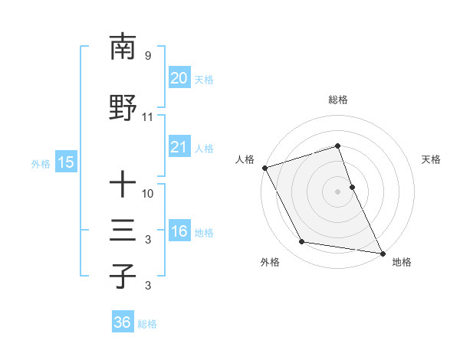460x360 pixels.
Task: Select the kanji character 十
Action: coord(123,184)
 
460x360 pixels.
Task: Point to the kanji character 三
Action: coord(123,231)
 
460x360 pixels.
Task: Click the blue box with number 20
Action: coord(179,78)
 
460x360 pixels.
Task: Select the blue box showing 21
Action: coord(179,148)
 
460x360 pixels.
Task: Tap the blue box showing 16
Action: coord(179,232)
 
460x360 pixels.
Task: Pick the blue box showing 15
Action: coord(65,162)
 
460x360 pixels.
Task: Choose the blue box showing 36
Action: coord(122,323)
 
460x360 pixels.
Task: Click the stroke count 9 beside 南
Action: coord(147,56)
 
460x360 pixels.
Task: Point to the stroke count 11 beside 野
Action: coord(147,117)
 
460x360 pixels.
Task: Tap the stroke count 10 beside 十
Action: coord(148,193)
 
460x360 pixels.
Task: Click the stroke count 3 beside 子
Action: coord(147,286)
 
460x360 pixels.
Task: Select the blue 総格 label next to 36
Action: coord(147,324)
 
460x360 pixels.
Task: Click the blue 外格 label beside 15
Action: coord(41,163)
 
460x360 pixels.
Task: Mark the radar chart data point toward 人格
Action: coord(264,168)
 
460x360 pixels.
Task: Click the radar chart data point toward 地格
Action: coord(382,252)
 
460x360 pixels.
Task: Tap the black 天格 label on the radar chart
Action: coord(432,159)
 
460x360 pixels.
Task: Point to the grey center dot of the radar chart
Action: coord(337,191)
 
